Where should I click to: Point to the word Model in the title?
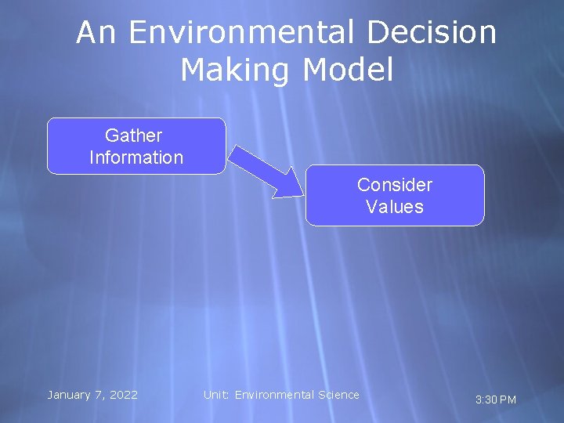point(347,70)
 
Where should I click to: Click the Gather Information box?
point(136,146)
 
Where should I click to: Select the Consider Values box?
point(395,195)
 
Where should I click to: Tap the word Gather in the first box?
point(133,136)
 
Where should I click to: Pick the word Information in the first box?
point(136,157)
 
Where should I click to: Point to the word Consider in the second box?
point(395,185)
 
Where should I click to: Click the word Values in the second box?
point(395,207)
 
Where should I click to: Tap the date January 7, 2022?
point(92,395)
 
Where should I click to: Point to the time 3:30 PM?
point(496,399)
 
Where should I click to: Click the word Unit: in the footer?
point(217,395)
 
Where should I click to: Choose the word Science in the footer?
point(338,395)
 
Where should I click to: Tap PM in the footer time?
point(508,399)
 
